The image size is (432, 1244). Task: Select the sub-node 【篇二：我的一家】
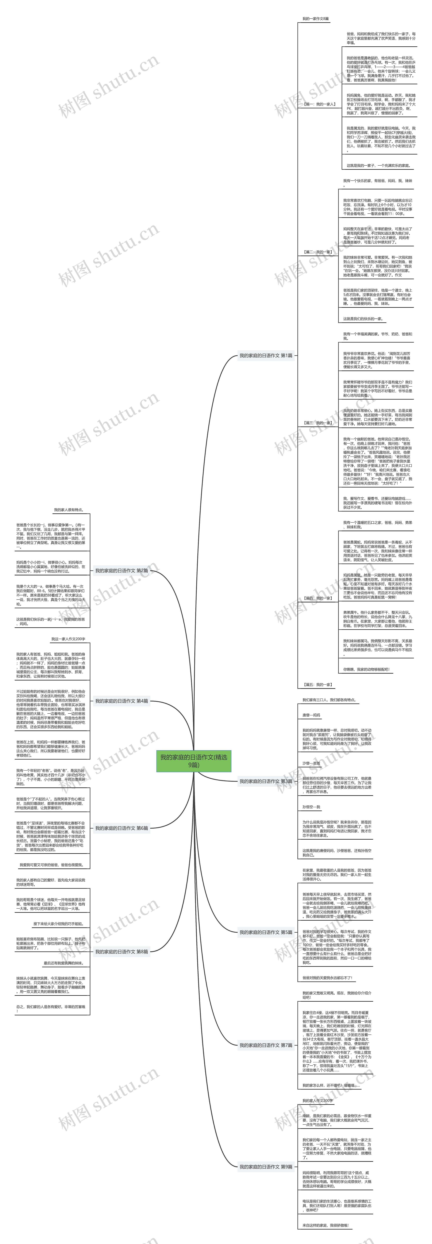tap(318, 252)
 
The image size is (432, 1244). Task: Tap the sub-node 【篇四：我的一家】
tap(318, 598)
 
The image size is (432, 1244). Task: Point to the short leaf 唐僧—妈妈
tap(311, 715)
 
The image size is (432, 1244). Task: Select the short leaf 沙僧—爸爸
tap(311, 763)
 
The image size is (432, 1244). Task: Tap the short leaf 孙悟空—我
tap(311, 807)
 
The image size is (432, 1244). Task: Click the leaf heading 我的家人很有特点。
tap(69, 509)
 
